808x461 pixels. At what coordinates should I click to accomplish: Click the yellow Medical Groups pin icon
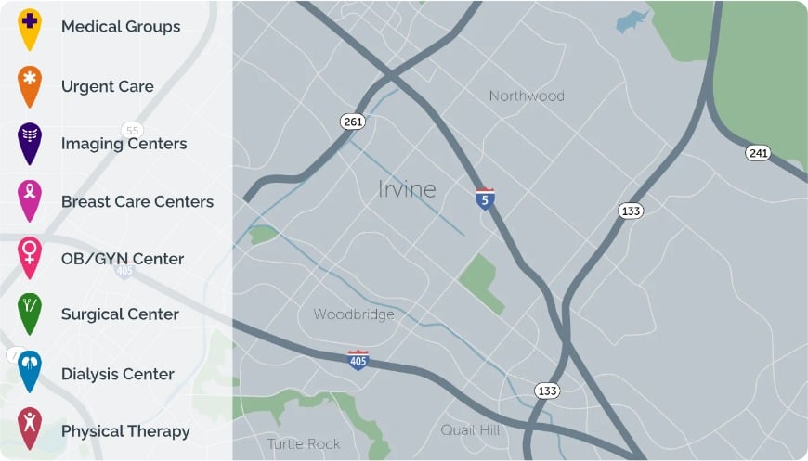(x=30, y=26)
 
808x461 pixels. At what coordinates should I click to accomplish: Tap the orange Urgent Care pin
(x=30, y=85)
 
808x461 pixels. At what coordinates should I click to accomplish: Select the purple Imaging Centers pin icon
(x=30, y=142)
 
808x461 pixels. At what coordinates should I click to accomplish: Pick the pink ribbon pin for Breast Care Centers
(x=30, y=199)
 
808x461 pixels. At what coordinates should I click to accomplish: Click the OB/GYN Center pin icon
(x=30, y=257)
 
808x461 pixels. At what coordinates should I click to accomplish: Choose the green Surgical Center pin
(x=30, y=314)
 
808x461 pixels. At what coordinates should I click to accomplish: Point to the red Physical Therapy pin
(x=30, y=429)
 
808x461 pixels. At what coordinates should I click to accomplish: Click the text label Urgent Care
(x=107, y=86)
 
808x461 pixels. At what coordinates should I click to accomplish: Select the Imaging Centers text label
(x=124, y=144)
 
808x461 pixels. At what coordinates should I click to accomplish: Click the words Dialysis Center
(x=117, y=374)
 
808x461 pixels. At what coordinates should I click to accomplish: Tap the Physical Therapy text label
(x=125, y=431)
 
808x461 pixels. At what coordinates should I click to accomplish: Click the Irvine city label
(x=407, y=189)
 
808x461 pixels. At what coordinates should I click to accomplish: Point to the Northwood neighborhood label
(x=527, y=96)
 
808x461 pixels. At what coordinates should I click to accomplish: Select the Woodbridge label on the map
(x=354, y=314)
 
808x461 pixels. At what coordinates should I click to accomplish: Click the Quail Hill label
(x=470, y=430)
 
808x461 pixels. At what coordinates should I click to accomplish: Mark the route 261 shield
(x=353, y=122)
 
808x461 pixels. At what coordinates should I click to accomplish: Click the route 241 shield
(x=758, y=153)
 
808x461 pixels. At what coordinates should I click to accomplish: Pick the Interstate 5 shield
(x=485, y=198)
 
